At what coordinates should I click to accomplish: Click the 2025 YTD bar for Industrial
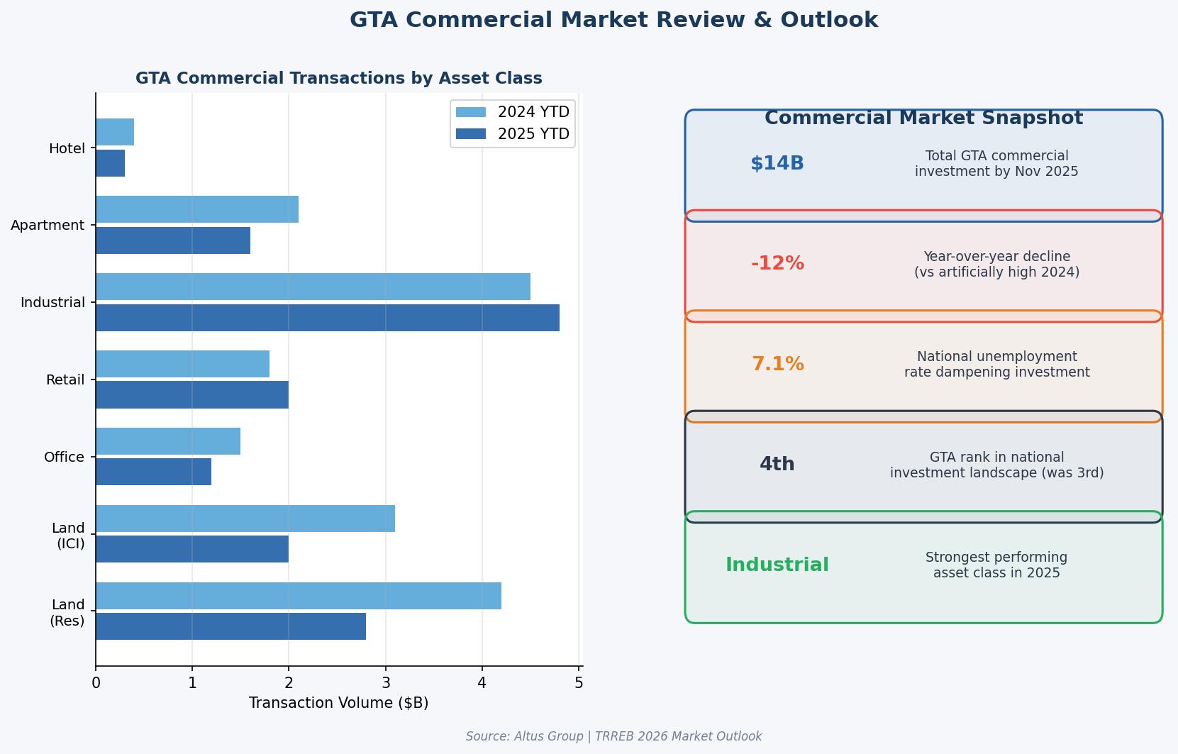coord(328,318)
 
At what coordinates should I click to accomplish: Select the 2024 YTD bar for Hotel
coord(115,132)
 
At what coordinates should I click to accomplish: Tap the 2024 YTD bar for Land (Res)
coord(299,596)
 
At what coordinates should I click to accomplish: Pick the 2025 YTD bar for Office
coord(154,472)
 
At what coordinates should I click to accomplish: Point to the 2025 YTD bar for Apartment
coord(173,240)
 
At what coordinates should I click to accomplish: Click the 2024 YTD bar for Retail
coord(183,364)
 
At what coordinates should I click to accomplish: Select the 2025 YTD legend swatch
coord(471,134)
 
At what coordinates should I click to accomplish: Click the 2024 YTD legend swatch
coord(471,112)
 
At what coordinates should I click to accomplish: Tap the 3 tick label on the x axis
coord(386,683)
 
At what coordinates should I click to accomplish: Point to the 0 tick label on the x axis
coord(96,683)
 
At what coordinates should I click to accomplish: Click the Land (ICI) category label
coord(68,536)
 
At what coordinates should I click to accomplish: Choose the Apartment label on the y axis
coord(48,226)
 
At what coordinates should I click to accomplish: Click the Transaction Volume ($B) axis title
coord(338,703)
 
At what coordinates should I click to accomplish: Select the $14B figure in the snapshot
coord(777,164)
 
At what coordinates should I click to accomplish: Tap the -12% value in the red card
coord(777,264)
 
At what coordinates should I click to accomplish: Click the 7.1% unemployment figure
coord(777,365)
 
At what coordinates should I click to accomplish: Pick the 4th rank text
coord(777,465)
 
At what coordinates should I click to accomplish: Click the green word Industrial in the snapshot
coord(777,565)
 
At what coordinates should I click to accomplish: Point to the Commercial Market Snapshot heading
coord(923,118)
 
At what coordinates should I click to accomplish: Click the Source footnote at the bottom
coord(613,736)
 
